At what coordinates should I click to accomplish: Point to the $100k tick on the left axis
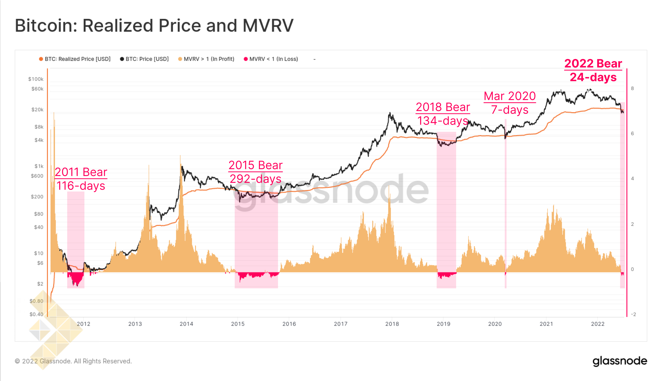[x=36, y=79]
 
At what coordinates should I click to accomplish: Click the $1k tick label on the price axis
[x=39, y=166]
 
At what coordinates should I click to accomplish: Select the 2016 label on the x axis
[x=289, y=324]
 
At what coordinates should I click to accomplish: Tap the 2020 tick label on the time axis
[x=495, y=324]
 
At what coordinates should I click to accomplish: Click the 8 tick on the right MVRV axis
[x=632, y=88]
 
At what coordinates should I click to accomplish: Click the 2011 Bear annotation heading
[x=81, y=172]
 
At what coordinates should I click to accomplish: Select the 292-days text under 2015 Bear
[x=255, y=179]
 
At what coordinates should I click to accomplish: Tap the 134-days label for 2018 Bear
[x=442, y=121]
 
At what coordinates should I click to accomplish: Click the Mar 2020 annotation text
[x=510, y=96]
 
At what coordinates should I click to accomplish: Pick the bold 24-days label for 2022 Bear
[x=593, y=77]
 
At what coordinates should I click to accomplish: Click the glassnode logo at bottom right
[x=619, y=361]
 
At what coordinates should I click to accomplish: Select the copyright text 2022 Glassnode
[x=73, y=361]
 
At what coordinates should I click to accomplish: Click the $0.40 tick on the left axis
[x=36, y=314]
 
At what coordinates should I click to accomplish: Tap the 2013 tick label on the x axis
[x=135, y=324]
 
